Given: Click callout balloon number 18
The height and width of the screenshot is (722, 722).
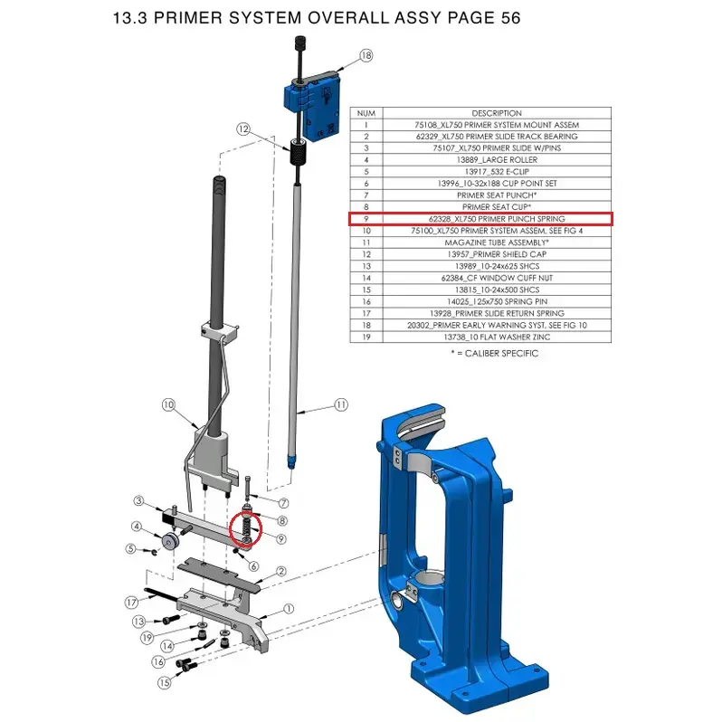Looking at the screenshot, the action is pyautogui.click(x=366, y=56).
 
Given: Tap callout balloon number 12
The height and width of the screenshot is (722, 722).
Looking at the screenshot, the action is pyautogui.click(x=243, y=129).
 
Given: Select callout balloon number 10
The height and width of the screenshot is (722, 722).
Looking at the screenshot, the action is pyautogui.click(x=168, y=404).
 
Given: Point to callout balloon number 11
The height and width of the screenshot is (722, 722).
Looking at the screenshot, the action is pyautogui.click(x=341, y=404).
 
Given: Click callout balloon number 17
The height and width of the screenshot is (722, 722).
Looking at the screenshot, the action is pyautogui.click(x=132, y=603).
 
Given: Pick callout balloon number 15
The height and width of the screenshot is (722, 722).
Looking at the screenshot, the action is pyautogui.click(x=165, y=682).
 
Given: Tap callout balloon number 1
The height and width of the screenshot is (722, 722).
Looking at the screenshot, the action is pyautogui.click(x=289, y=609).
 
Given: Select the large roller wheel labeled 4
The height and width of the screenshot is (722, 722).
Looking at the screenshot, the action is pyautogui.click(x=168, y=541).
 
